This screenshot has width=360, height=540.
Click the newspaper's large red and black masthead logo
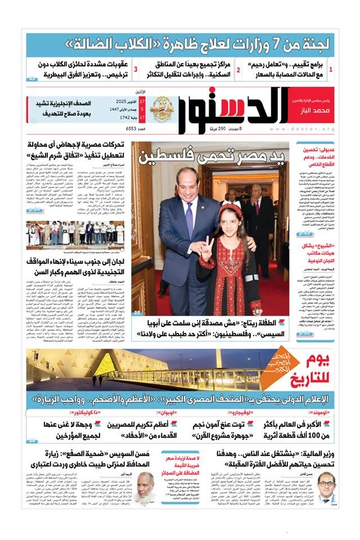pos(234,109)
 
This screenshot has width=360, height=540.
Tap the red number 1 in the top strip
pos(330,70)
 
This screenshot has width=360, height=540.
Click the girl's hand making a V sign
pos(202,246)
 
